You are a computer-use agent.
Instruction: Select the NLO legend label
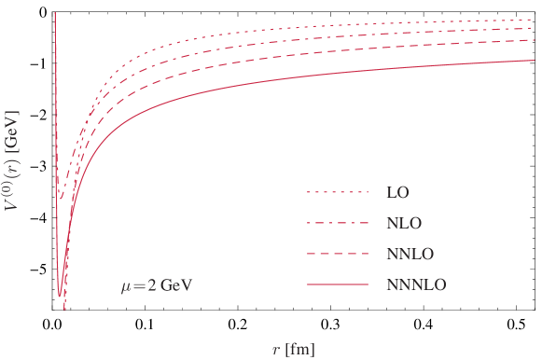(x=403, y=224)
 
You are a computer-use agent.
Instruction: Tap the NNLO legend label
(x=410, y=255)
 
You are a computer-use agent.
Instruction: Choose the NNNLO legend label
(x=416, y=285)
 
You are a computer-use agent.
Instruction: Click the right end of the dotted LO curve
(x=532, y=20)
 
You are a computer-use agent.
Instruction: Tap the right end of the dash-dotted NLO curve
(x=532, y=28)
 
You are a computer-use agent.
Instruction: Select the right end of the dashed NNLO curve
(x=532, y=40)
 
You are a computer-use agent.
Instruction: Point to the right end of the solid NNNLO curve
(x=532, y=60)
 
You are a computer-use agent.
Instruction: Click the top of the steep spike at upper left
(x=55, y=13)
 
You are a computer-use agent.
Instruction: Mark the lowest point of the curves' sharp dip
(x=64, y=309)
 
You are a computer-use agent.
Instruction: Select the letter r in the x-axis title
(x=275, y=350)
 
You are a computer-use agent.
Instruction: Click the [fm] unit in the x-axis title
(x=299, y=350)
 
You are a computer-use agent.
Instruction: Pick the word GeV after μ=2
(x=176, y=285)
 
